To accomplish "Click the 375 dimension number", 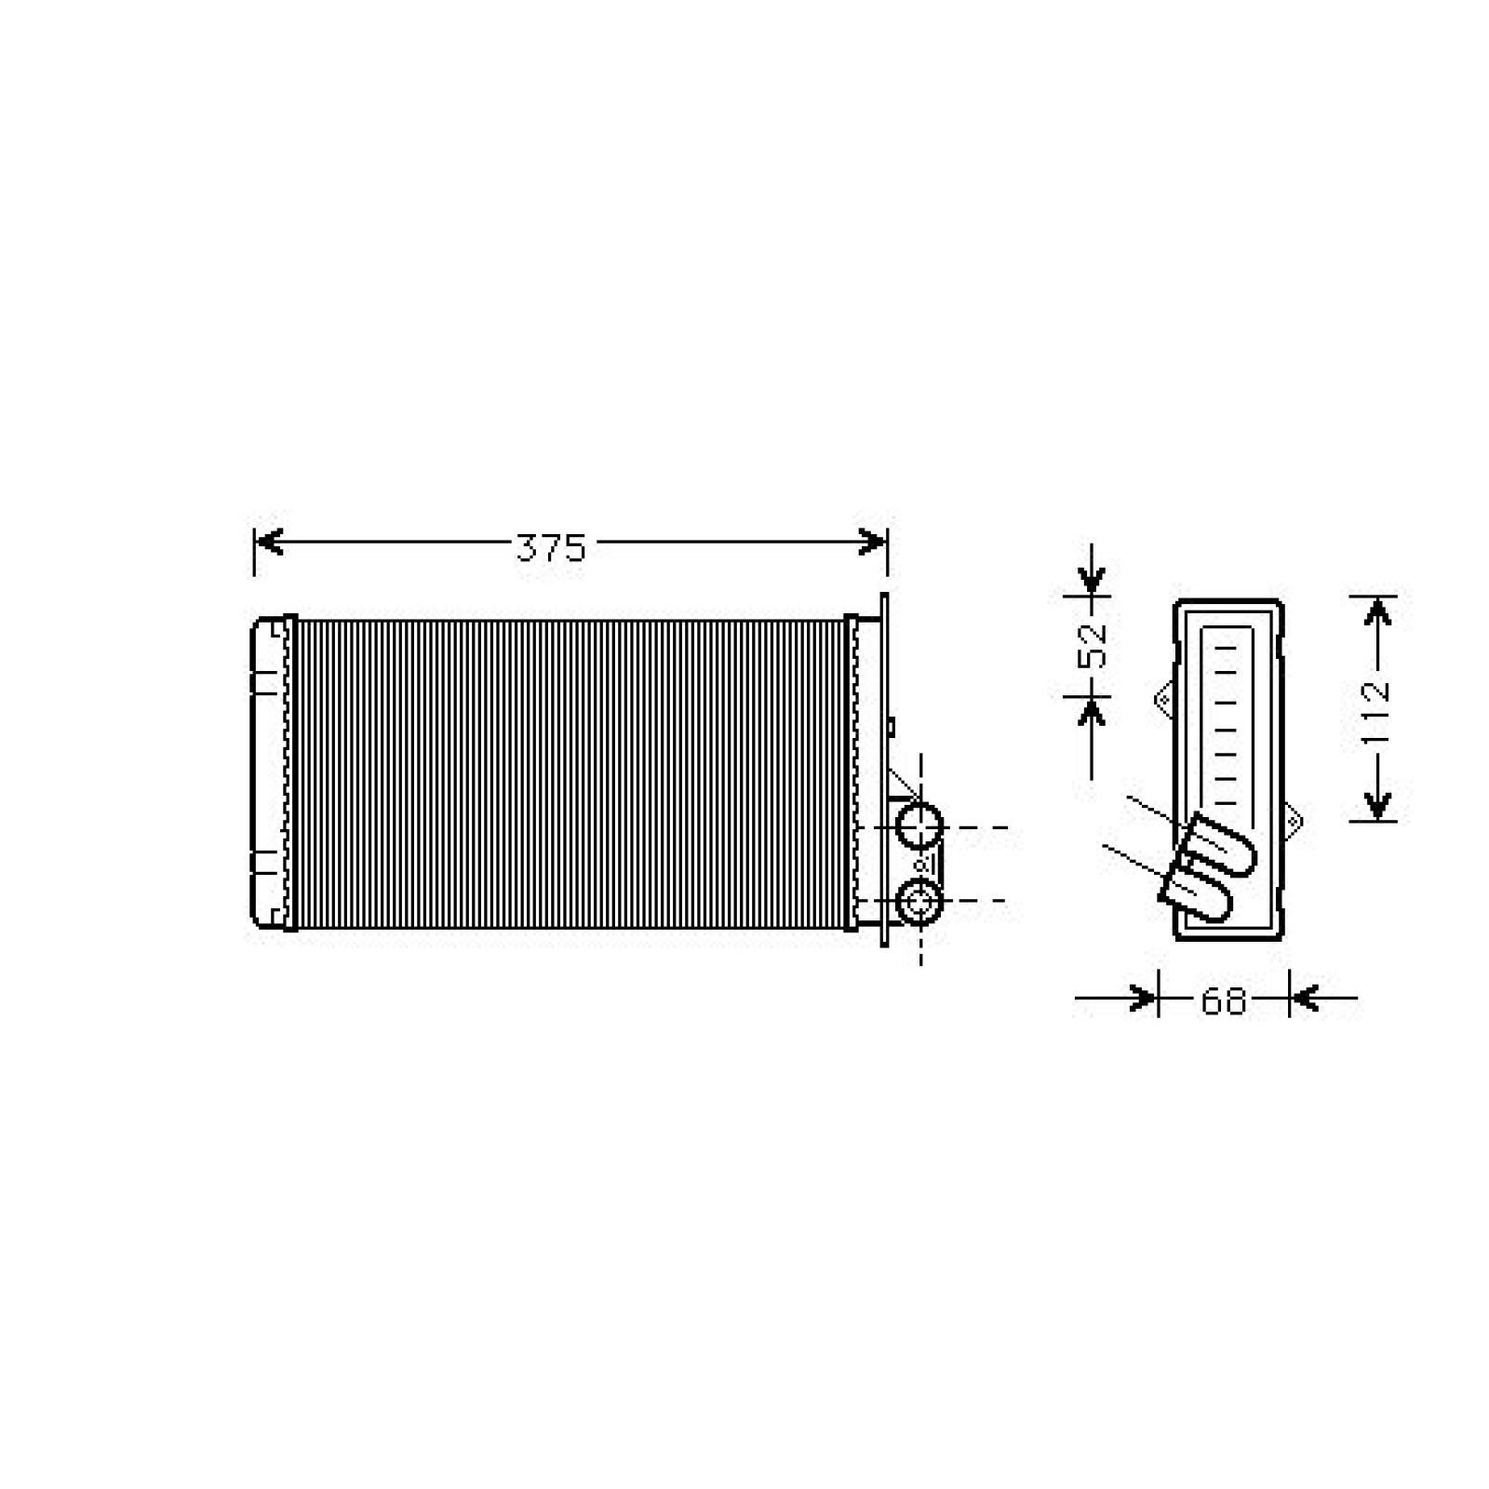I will point(551,548).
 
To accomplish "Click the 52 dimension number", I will point(1093,643).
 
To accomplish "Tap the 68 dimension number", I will point(1223,1001).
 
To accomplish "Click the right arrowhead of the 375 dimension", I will point(873,542).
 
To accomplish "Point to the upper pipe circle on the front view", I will point(919,826).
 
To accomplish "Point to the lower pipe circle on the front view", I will point(919,901).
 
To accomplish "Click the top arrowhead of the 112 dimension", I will point(1378,611).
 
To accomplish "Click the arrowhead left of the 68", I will point(1143,999).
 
